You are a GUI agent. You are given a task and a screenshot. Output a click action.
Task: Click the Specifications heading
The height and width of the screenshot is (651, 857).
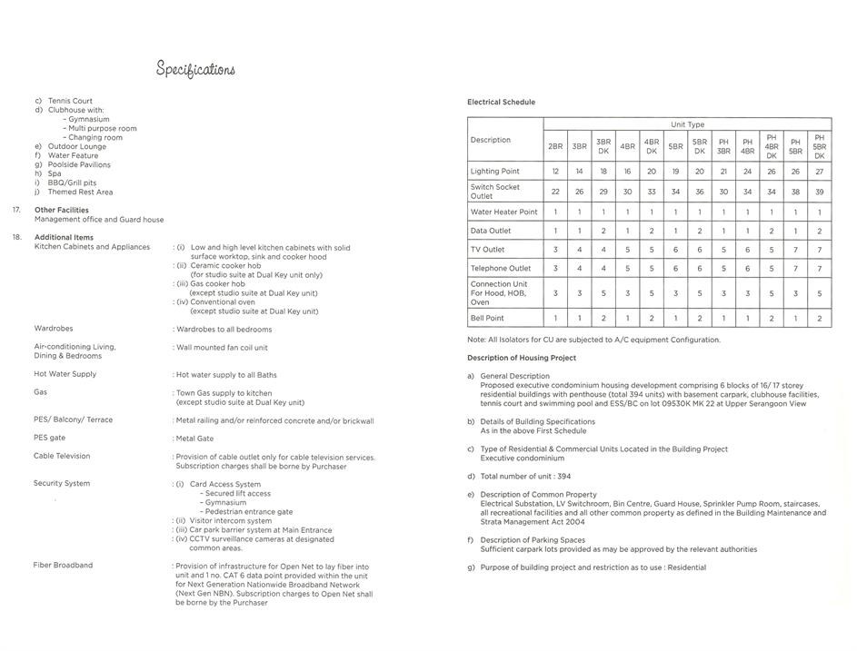point(195,70)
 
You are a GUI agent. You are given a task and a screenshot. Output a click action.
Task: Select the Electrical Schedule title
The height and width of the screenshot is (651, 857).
point(501,103)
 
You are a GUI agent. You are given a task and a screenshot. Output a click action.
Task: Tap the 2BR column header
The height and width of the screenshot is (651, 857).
point(555,146)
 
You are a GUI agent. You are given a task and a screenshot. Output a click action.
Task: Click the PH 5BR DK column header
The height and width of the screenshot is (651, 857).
point(819,146)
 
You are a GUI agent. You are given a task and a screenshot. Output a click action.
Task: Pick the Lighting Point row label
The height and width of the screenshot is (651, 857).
point(494,171)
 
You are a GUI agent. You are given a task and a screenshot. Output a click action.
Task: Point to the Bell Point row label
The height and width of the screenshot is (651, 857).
point(487,319)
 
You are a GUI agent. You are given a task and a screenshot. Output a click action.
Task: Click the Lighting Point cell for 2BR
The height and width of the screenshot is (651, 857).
point(555,171)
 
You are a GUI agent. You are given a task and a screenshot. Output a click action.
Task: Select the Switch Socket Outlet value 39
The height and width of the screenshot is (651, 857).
point(819,192)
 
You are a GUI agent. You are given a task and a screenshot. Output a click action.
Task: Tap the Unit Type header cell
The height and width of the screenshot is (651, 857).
point(687,124)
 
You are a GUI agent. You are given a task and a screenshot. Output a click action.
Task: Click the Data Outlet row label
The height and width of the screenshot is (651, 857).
point(491,231)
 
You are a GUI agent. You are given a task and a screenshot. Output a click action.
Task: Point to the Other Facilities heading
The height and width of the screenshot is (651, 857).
point(62,210)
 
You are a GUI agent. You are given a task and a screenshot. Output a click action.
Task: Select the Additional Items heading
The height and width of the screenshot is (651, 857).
point(62,237)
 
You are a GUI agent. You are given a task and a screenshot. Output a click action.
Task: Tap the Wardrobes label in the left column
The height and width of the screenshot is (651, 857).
point(54,329)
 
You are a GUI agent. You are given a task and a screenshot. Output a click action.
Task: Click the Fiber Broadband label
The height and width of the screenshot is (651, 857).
point(63,566)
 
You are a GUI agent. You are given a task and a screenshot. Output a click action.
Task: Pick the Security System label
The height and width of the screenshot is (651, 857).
point(62,484)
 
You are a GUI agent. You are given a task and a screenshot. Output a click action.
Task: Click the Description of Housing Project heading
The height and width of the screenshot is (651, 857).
point(522,358)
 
